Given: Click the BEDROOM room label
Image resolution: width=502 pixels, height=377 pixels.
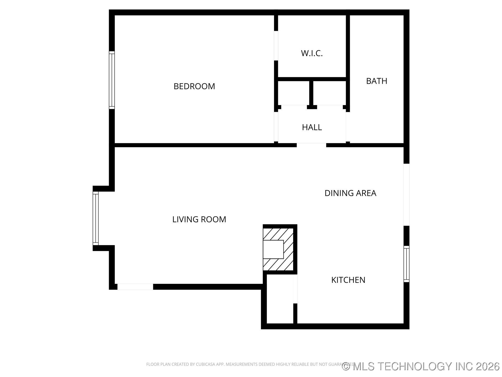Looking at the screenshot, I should point(194,86).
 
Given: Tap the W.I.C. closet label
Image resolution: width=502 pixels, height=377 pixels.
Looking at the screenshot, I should point(312,53).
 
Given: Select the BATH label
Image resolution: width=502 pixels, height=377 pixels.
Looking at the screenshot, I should point(376,81).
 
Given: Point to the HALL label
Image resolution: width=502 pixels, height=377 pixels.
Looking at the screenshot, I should point(312,127).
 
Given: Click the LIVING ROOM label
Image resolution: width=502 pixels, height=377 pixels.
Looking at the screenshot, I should point(199,219).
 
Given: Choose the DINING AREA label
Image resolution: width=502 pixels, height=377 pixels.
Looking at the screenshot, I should point(350,193).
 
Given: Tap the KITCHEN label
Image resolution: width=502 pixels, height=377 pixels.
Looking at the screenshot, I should point(348,280).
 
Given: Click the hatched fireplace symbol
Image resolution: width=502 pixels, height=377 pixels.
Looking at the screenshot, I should point(278,249).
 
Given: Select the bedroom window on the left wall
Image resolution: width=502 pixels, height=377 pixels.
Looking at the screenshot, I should point(112,80).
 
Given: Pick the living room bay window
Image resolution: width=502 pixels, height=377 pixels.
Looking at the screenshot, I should point(96,218).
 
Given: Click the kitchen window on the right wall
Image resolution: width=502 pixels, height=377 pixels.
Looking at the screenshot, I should point(406,264).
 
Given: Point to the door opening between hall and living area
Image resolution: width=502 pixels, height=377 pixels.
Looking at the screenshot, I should point(311,145).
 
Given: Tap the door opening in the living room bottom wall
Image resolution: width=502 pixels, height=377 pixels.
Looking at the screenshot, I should point(135,287).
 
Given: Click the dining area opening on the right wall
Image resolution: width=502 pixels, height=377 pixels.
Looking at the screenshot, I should point(406,195).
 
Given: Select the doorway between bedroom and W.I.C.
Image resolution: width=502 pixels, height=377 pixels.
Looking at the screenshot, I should point(276,46).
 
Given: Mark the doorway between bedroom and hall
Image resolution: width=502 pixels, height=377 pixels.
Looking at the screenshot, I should point(276,127).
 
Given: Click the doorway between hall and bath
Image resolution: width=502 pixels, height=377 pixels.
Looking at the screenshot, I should point(348,127).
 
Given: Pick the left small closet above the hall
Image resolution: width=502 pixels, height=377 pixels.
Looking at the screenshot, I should point(293,93).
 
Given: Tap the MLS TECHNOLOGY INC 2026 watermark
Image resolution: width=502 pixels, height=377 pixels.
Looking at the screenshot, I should point(421,366).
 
